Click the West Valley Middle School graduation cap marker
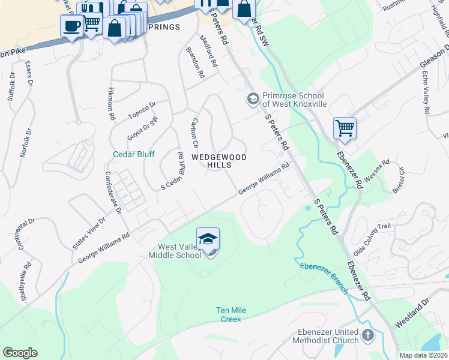(x=208, y=239)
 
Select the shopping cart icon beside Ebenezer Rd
(x=345, y=127)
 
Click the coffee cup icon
(x=72, y=26)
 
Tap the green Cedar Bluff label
(x=134, y=154)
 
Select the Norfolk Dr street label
(x=25, y=141)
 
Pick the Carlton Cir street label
(x=194, y=133)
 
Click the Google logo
(x=20, y=353)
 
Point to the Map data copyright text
(x=423, y=355)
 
